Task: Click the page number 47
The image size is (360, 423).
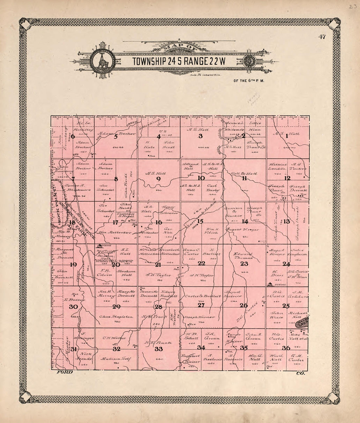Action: pos(322,37)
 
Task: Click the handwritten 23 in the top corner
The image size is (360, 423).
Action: pos(353,6)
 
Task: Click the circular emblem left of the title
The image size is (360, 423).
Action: pos(103,61)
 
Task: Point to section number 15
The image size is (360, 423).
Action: pos(200,221)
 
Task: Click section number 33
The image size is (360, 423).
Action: pos(159,349)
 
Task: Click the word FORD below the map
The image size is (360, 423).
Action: pos(64,372)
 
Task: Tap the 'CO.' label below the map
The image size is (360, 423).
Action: pos(300,373)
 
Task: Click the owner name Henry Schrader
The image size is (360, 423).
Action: pos(169,210)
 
